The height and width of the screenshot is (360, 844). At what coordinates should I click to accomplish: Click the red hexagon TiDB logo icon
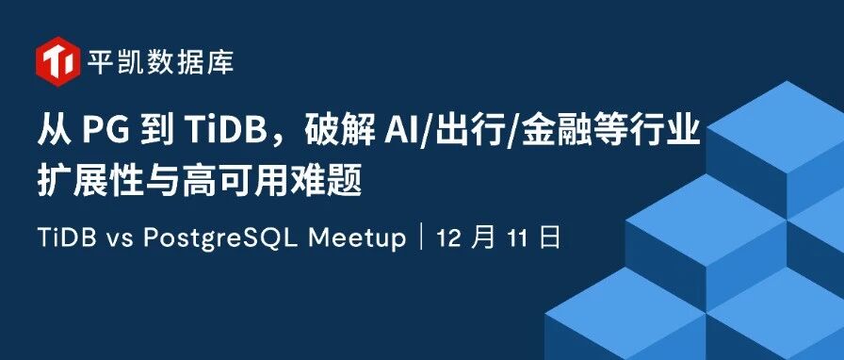pos(58,61)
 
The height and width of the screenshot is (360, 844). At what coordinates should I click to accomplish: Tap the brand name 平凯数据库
pos(160,62)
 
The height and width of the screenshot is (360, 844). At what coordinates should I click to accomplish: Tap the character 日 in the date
pos(549,237)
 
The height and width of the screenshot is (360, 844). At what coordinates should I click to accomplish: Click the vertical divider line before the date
pos(420,238)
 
